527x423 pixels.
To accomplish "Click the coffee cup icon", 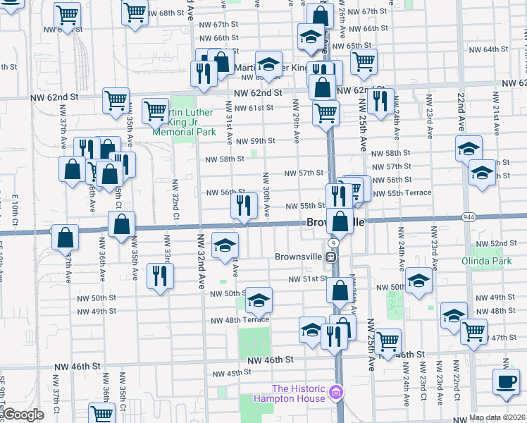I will point(505,381).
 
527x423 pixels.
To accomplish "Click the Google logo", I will point(23,414).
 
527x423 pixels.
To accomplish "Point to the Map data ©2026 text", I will point(497,417).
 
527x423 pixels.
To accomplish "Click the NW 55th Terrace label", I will point(408,192).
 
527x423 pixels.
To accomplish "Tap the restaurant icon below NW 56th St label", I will point(242,206).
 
